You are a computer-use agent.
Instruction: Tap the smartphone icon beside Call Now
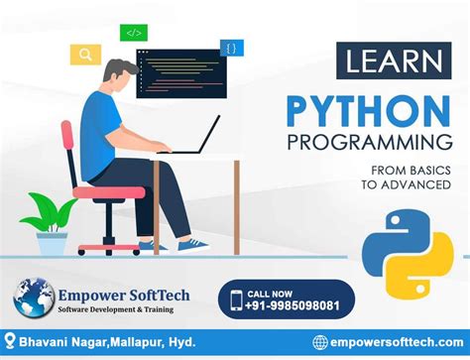[x=236, y=300]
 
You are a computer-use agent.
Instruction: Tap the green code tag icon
[x=134, y=34]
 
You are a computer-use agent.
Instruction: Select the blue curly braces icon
[x=232, y=47]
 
